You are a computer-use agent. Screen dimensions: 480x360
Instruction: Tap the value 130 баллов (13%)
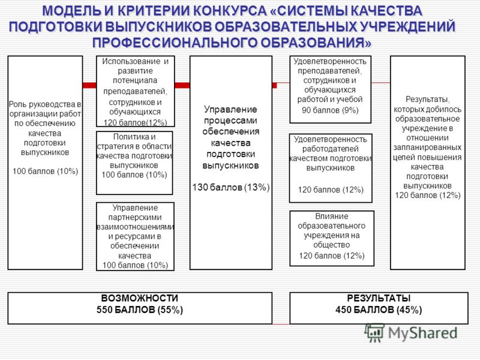tap(231, 187)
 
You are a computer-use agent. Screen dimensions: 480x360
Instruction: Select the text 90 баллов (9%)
tap(330, 110)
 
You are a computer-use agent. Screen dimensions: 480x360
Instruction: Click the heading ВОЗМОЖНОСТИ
tap(140, 298)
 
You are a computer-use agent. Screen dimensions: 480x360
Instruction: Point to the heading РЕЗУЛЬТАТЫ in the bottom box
tap(379, 298)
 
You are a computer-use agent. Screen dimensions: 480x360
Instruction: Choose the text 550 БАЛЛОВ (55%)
tap(140, 310)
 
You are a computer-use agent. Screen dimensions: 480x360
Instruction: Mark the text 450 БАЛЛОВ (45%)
tap(379, 310)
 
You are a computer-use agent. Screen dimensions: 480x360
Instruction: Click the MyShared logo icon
tap(374, 333)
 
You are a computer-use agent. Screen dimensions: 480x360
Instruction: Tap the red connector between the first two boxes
tap(89, 85)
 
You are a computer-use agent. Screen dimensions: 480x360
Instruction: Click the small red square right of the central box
tap(275, 85)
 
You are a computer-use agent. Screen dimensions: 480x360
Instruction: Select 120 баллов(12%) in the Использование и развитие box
tap(136, 122)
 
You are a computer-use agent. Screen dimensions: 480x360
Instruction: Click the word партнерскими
tap(135, 217)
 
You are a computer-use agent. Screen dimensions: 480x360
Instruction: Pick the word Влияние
tap(332, 216)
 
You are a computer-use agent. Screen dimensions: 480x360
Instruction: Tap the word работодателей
tap(331, 149)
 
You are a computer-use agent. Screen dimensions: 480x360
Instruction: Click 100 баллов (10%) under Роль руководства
tap(46, 171)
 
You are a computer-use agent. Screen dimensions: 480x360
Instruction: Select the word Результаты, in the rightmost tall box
tap(428, 100)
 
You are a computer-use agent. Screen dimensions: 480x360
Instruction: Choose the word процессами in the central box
tap(230, 121)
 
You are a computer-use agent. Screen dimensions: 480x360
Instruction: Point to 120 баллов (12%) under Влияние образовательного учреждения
tap(332, 256)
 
